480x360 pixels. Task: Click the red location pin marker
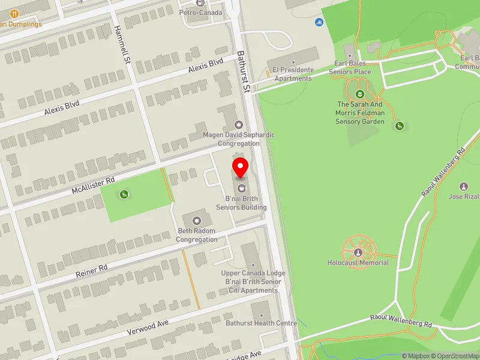tap(241, 167)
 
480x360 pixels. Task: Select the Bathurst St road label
tap(243, 71)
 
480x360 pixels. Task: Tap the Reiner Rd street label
tap(91, 271)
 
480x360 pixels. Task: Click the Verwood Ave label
tap(148, 328)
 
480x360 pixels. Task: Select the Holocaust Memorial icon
tap(358, 252)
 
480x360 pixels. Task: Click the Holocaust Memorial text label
tap(358, 263)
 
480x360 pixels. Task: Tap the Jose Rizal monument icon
tap(463, 187)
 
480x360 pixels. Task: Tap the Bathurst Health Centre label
tap(261, 323)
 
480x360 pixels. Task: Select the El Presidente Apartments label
tap(293, 74)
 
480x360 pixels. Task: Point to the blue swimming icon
tap(319, 23)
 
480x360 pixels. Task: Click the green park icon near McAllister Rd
tap(124, 194)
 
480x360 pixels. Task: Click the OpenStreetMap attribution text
tap(457, 356)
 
